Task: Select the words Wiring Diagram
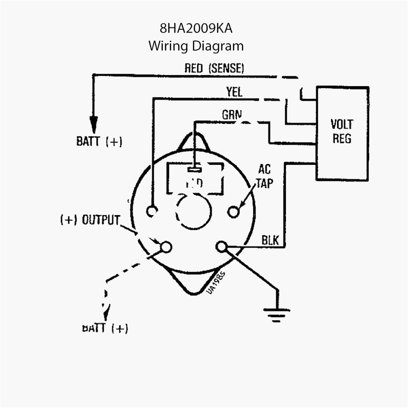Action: tap(196, 45)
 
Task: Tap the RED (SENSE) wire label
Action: tap(214, 68)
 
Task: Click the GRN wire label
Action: tap(232, 115)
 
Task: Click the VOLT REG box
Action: tap(342, 133)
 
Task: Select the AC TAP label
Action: tap(264, 176)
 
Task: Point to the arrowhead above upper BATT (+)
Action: tap(94, 123)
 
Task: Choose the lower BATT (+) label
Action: tap(105, 328)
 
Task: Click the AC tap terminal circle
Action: tap(234, 211)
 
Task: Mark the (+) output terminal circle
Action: tap(166, 246)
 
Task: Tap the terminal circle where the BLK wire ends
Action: tap(221, 247)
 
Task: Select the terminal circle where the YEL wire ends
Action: tap(152, 211)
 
